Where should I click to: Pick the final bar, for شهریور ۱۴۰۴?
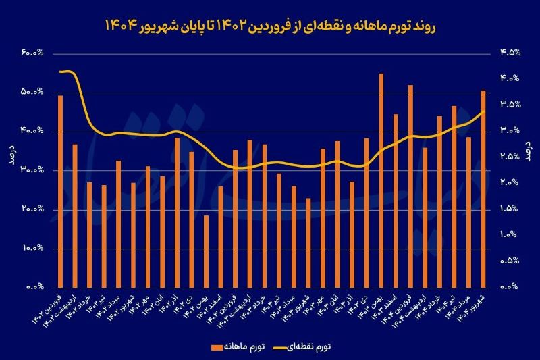click(x=483, y=188)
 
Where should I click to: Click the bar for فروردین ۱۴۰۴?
click(x=410, y=186)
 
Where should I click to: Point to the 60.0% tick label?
click(x=31, y=53)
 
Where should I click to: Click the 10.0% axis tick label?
click(x=31, y=249)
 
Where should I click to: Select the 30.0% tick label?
click(x=31, y=170)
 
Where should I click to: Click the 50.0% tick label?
click(x=31, y=92)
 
